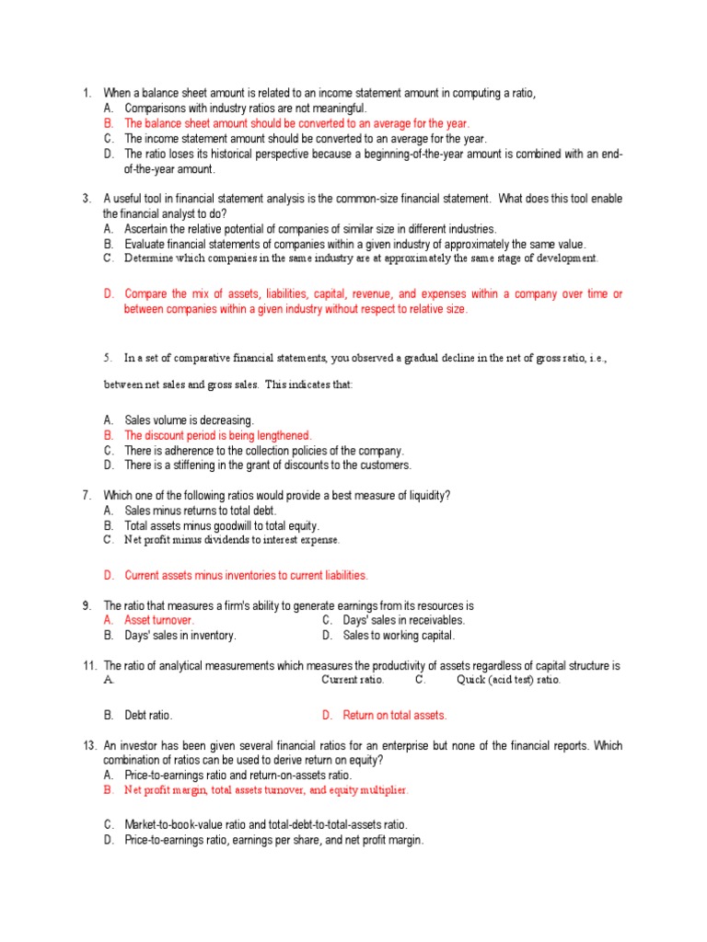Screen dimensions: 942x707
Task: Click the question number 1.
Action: (86, 93)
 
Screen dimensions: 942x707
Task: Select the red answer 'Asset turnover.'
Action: (159, 621)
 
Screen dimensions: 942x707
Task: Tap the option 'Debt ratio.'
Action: (148, 715)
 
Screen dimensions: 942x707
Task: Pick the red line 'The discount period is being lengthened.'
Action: (218, 435)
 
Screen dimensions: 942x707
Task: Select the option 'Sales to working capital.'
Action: (399, 636)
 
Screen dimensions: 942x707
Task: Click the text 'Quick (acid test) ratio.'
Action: (508, 680)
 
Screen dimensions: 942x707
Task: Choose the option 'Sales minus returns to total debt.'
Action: (200, 511)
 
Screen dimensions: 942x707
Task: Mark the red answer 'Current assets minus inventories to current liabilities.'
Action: (246, 575)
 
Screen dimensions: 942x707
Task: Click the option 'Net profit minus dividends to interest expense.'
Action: (232, 540)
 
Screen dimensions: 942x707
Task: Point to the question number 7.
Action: (86, 496)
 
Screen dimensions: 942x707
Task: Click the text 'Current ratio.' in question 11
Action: (353, 680)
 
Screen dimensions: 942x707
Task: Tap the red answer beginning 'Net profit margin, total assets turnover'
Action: (266, 790)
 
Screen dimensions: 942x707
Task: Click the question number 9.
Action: (86, 606)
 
